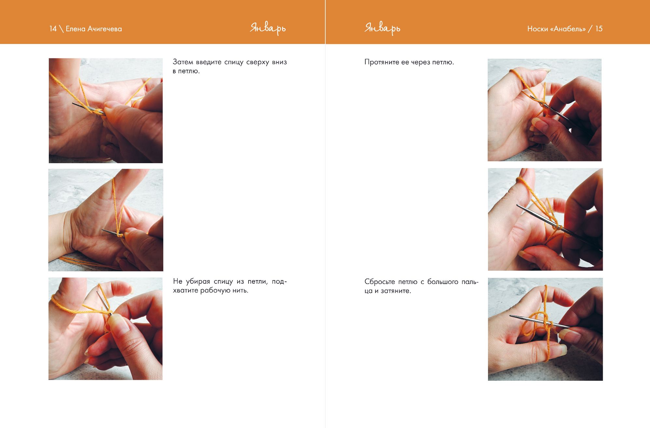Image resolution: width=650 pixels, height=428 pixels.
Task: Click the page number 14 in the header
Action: click(53, 29)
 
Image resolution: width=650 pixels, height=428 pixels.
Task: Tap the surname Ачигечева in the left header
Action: click(105, 29)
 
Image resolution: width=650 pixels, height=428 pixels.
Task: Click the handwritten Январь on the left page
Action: click(268, 29)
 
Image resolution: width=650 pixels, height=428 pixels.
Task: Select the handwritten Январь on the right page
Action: click(382, 29)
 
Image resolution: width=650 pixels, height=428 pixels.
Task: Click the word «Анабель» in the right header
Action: click(568, 29)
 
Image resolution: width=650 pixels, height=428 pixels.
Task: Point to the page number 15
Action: click(599, 29)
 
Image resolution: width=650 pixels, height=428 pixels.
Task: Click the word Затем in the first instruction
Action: click(183, 62)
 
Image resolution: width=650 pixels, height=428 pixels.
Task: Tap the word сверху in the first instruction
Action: click(257, 62)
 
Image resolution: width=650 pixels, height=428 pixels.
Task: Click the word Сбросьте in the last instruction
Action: click(380, 281)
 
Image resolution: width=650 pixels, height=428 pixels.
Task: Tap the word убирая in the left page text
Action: click(198, 281)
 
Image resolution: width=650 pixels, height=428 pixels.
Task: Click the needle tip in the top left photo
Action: click(73, 104)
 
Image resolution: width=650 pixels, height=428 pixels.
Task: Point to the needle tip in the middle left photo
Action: click(103, 230)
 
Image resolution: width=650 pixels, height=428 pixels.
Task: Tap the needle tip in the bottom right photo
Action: click(510, 316)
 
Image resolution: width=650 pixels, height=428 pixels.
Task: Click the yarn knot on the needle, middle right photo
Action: click(557, 227)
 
